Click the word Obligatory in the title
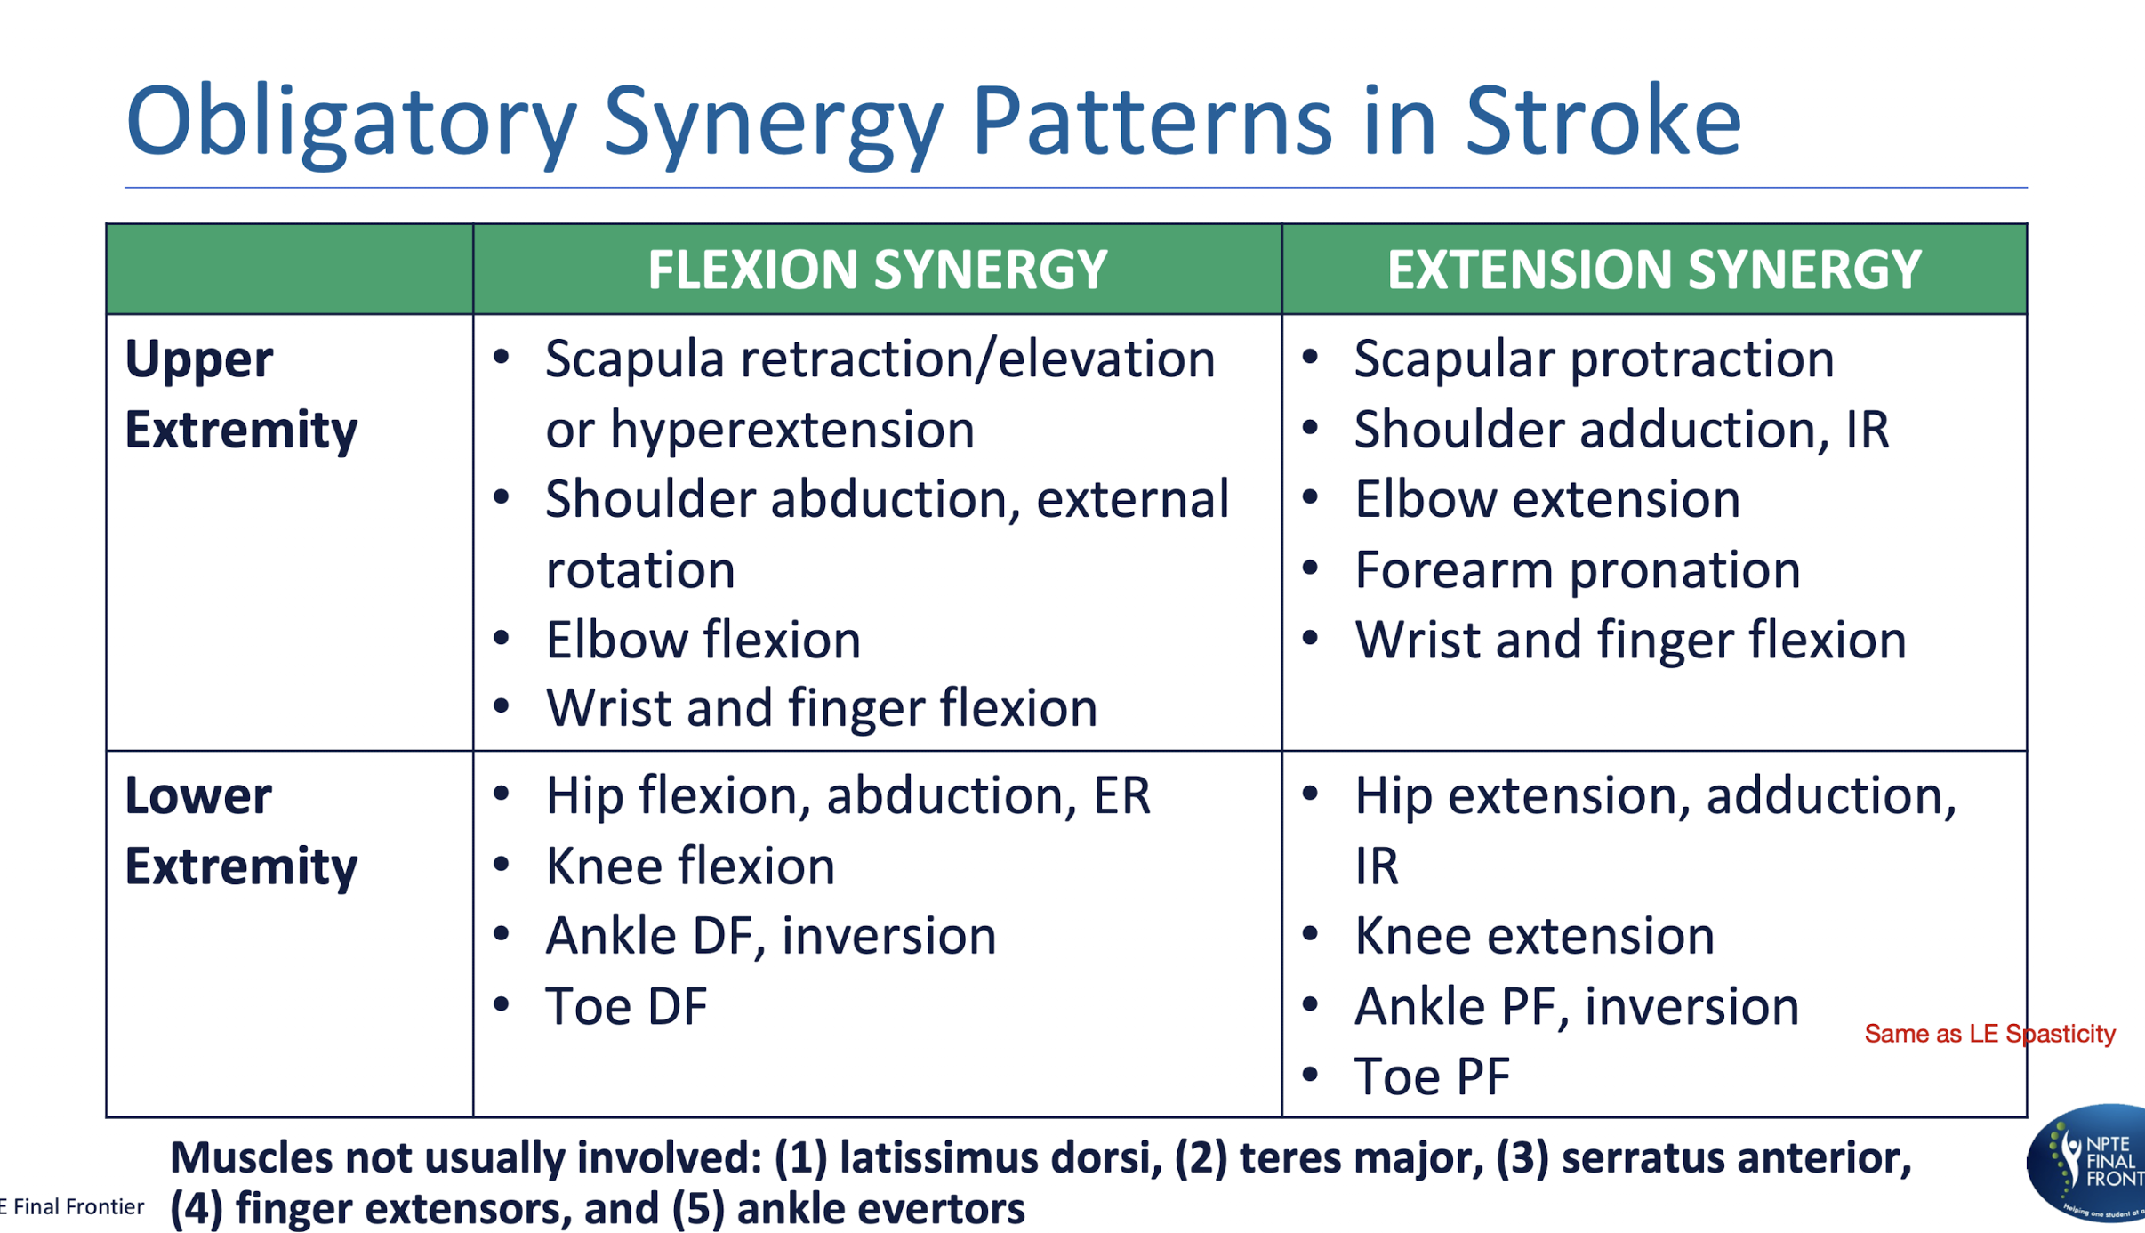coord(351,120)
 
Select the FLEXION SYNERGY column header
coord(877,270)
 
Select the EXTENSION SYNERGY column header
coord(1654,270)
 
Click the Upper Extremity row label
coord(240,394)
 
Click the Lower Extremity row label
coord(240,830)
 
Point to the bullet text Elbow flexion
coord(703,640)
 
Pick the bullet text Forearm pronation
coord(1577,569)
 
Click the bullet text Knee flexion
coord(690,866)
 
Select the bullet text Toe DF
coord(626,1006)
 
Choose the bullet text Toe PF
coord(1432,1076)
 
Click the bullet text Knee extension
coord(1534,936)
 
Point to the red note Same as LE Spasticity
coord(1989,1034)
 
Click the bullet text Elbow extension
coord(1546,499)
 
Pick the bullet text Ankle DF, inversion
coord(770,936)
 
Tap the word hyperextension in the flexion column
coord(791,430)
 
